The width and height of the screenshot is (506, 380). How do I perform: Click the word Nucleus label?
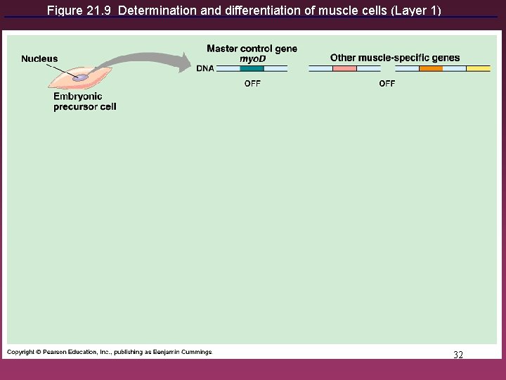click(39, 58)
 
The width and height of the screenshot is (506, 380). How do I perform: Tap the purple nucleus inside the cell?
click(82, 77)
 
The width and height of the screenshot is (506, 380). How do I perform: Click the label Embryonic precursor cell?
click(84, 101)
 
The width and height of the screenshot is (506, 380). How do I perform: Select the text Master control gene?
click(252, 49)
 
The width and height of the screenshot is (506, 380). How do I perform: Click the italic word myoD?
click(252, 58)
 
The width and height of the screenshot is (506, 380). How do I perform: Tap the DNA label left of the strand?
click(205, 68)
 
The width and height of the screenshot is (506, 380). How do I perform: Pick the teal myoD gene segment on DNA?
click(252, 69)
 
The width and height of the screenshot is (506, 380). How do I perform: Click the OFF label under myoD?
click(252, 83)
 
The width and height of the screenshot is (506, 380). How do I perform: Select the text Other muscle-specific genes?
click(395, 58)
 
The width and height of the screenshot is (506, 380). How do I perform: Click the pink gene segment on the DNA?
click(344, 69)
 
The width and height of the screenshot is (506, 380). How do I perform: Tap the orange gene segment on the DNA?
click(431, 69)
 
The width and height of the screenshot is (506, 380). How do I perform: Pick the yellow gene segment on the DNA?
click(479, 69)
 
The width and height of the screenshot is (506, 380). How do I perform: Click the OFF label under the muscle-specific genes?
click(387, 83)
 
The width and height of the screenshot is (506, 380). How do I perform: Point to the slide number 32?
click(458, 355)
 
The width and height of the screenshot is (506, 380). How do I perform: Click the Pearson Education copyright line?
click(110, 352)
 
